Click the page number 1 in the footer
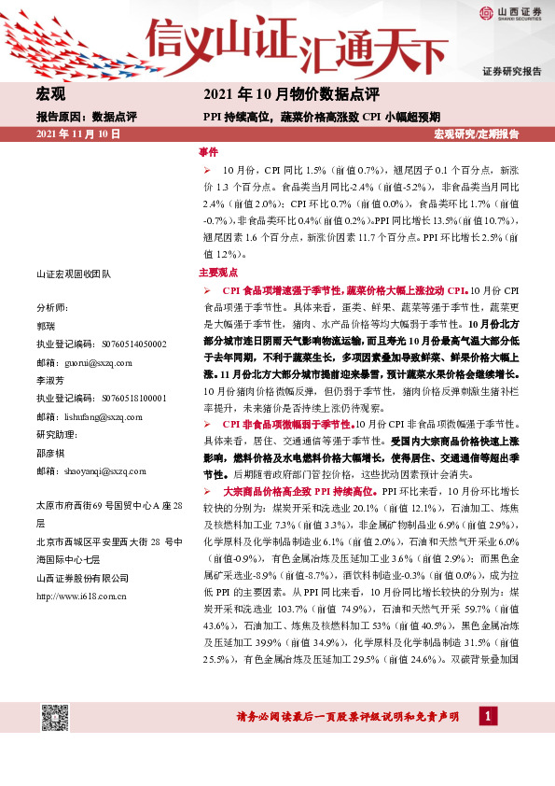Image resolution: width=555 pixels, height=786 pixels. click(x=488, y=716)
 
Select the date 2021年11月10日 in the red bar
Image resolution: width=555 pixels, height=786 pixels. click(x=78, y=135)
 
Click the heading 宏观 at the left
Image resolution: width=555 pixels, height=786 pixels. click(x=49, y=94)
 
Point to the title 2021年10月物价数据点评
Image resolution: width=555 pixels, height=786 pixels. click(x=290, y=94)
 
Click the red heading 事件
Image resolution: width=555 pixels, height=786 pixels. click(x=208, y=151)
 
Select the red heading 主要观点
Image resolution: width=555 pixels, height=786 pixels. click(x=218, y=274)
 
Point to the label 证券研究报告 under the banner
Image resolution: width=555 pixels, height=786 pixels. click(x=511, y=72)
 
